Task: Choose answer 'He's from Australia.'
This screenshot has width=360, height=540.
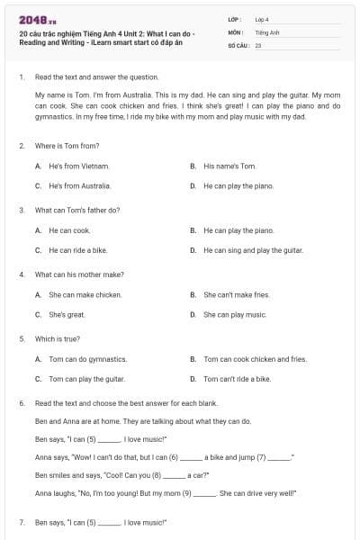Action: (x=80, y=186)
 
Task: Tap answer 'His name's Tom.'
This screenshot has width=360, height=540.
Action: (x=229, y=166)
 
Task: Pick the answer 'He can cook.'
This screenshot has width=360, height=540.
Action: (x=69, y=230)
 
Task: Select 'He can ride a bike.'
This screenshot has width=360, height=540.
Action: (x=77, y=250)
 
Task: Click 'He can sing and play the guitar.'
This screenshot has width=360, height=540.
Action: (x=251, y=250)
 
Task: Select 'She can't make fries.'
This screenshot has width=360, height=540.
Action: (x=236, y=294)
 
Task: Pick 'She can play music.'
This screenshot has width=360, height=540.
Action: (x=235, y=315)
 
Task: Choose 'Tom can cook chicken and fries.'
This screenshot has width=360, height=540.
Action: (x=255, y=359)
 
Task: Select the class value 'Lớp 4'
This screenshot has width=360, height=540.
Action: (x=262, y=19)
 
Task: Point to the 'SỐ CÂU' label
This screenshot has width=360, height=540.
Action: (x=238, y=43)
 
